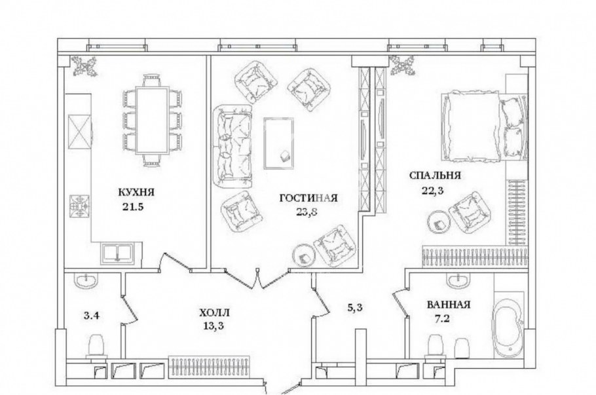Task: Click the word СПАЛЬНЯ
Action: pos(436,176)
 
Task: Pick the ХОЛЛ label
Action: pos(215,314)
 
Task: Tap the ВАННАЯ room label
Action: pos(449,305)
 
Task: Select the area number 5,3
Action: pos(355,304)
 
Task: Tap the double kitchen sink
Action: pos(117,252)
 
